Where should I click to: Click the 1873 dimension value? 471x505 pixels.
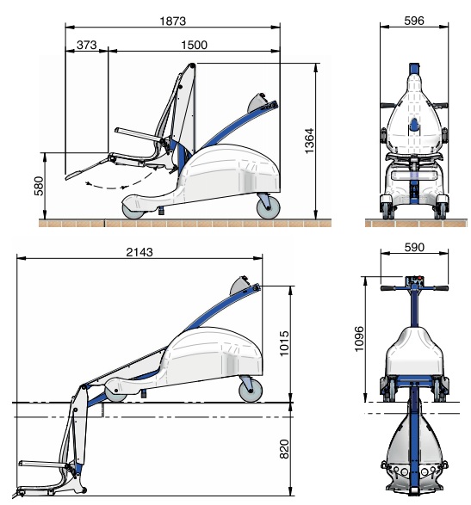(x=173, y=22)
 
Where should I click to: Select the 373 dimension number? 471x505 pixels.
(x=86, y=45)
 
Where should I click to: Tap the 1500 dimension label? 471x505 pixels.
(x=194, y=45)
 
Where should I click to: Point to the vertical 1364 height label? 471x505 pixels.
(x=309, y=141)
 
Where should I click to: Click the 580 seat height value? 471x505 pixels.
(x=39, y=186)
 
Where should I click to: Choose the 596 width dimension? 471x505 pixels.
(x=414, y=21)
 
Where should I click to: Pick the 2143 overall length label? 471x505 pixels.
(x=139, y=252)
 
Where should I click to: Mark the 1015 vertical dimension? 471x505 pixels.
(x=284, y=343)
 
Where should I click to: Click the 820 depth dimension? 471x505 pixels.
(x=284, y=449)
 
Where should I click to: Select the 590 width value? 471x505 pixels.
(x=414, y=248)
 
